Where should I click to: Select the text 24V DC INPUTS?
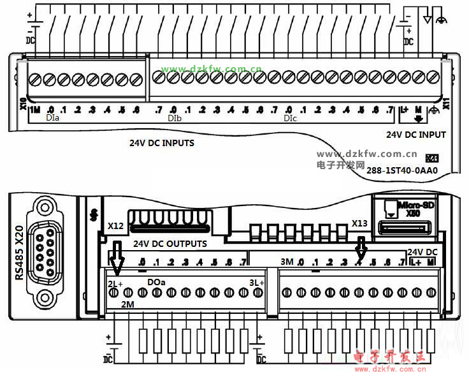point(162,143)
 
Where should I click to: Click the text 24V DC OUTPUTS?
point(170,244)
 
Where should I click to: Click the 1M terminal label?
point(35,109)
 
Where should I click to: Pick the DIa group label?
point(53,119)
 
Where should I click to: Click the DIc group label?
point(290,119)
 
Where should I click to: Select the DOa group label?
point(156,281)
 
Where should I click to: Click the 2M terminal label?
point(128,304)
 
